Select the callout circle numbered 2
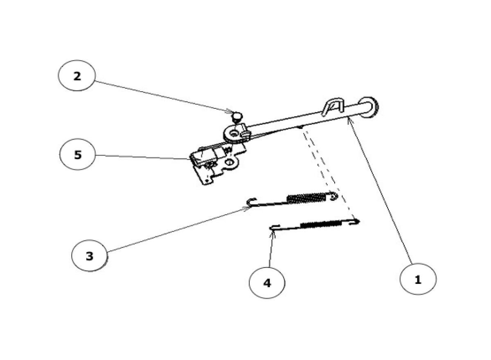(x=77, y=76)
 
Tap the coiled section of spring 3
(x=307, y=198)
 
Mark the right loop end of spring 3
(x=333, y=196)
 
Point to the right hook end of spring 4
(x=356, y=221)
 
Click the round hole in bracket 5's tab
(x=230, y=163)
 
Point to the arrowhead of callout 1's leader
(x=349, y=119)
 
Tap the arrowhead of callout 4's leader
(x=271, y=233)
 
